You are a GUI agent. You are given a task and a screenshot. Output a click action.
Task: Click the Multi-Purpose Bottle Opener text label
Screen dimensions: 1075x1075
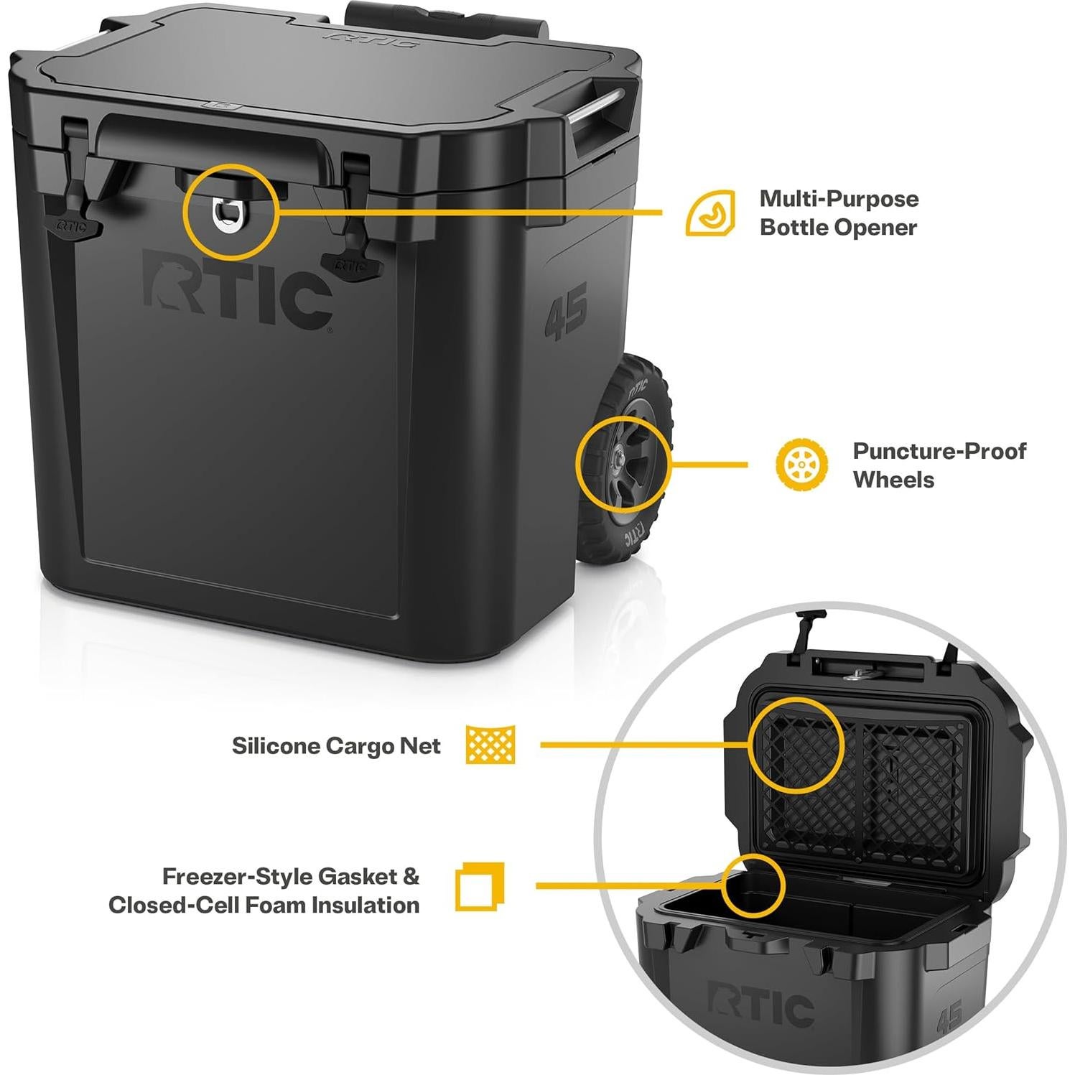point(838,213)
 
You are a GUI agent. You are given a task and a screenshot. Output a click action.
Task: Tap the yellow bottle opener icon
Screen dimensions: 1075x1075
point(709,213)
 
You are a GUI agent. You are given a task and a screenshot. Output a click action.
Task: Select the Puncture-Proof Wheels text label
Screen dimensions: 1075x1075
point(939,465)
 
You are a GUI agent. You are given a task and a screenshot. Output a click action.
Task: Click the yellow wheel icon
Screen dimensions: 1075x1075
point(801,465)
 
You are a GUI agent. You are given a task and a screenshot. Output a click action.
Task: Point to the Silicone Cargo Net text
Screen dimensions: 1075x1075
point(336,746)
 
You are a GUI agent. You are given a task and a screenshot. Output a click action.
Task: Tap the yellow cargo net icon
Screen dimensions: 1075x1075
point(490,745)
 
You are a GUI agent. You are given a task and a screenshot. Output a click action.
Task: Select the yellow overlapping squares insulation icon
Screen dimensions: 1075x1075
point(480,887)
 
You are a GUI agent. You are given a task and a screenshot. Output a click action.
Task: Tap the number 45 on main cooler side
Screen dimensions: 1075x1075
point(566,311)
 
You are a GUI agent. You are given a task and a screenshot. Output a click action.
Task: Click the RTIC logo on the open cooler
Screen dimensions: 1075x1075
point(760,1006)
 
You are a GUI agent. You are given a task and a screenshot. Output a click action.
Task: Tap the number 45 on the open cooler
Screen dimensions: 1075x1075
point(949,1016)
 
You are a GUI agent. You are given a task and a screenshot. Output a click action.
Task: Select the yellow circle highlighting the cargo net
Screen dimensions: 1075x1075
point(795,745)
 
